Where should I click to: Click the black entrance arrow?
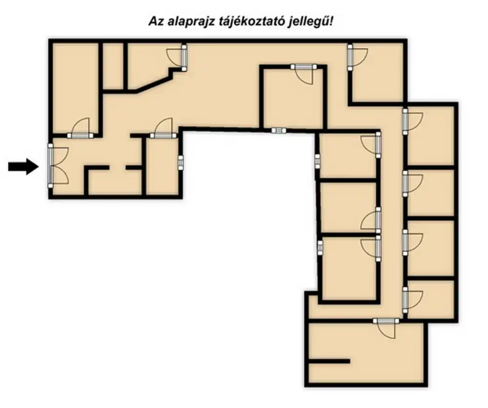point(23,166)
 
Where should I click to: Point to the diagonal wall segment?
point(152,84)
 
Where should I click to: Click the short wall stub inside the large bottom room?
point(329,361)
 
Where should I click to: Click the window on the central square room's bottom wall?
point(279,130)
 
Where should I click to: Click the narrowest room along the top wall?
point(113,66)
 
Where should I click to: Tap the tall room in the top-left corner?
point(75,88)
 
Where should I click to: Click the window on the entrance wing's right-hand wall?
point(181,162)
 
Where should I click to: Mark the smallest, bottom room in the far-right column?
point(430,299)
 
